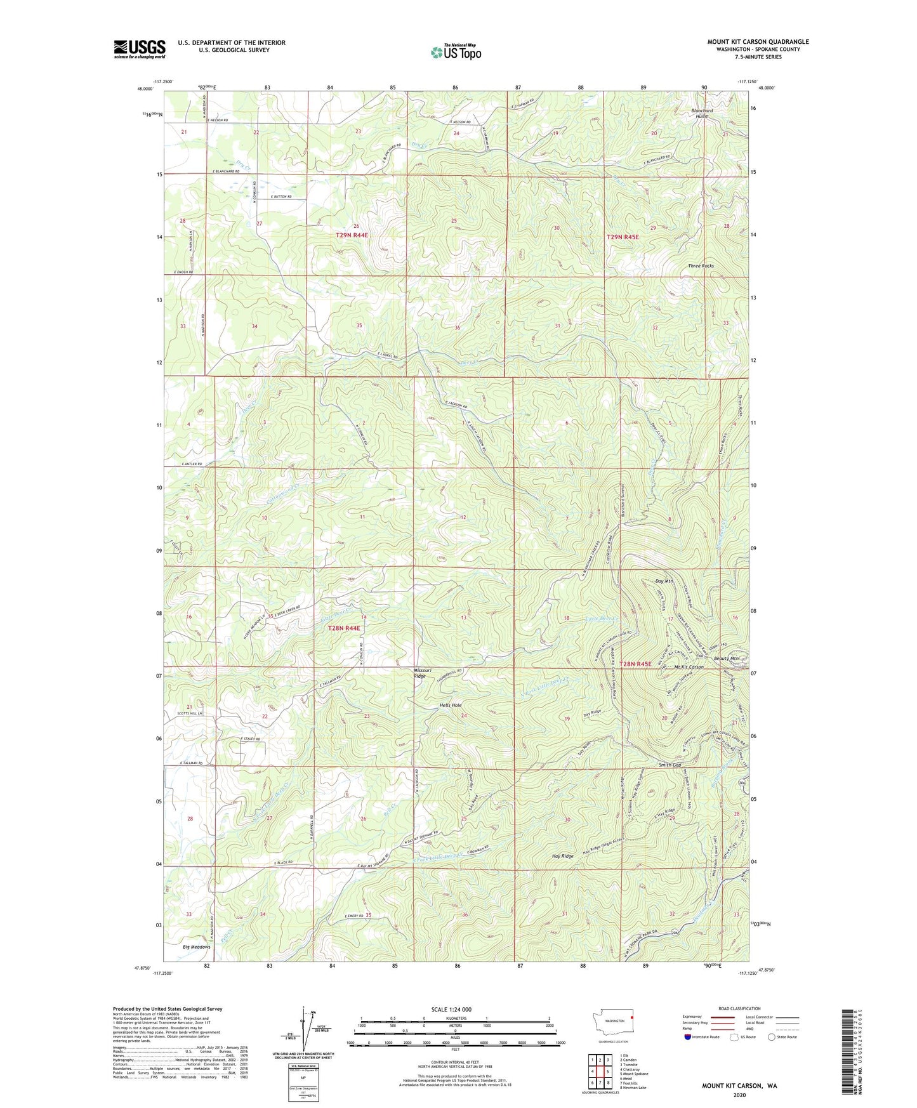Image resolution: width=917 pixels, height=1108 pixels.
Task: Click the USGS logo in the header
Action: tap(139, 49)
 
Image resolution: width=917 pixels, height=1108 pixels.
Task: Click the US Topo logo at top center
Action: tap(455, 52)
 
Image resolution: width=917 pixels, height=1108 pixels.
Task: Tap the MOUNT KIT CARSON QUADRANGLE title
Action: tap(758, 42)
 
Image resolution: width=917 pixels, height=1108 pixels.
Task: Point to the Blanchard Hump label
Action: tap(701, 114)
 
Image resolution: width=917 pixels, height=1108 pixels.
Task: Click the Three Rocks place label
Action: tap(701, 266)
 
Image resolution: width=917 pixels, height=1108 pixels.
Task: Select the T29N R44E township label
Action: tap(352, 235)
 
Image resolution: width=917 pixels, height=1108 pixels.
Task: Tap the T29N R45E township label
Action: tap(623, 237)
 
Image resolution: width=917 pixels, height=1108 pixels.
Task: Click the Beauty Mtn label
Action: tap(727, 659)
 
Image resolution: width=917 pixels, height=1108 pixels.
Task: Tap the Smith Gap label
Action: tap(670, 765)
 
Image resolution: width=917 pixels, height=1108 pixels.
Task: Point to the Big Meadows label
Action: tap(197, 947)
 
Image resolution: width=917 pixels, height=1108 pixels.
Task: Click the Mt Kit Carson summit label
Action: tap(685, 667)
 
